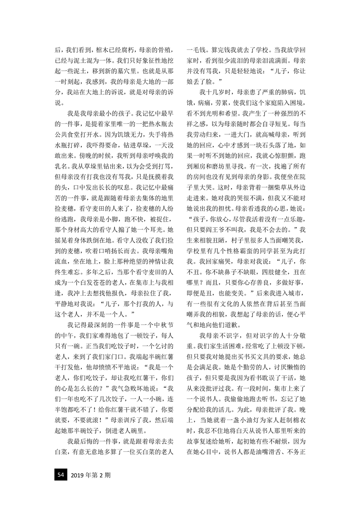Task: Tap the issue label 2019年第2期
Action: [x=91, y=475]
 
